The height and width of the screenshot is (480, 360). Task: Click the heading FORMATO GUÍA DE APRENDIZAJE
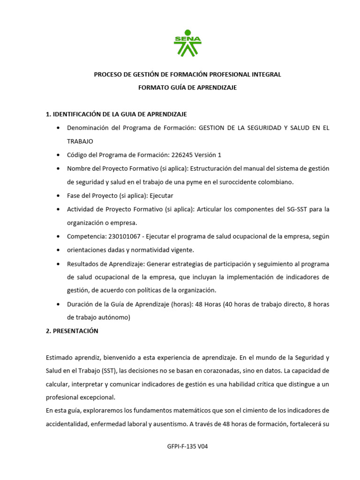(x=187, y=88)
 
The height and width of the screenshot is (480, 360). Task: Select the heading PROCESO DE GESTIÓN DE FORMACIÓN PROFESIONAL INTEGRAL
(x=187, y=75)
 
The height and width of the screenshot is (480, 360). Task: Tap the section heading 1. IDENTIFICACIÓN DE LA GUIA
(x=116, y=114)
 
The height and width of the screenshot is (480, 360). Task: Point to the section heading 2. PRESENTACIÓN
(x=72, y=331)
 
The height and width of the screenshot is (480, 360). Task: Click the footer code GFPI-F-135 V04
(x=187, y=446)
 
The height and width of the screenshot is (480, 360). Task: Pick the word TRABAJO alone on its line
(x=80, y=141)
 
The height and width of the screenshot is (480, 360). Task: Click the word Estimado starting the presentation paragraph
(x=60, y=357)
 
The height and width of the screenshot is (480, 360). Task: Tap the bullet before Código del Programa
(x=58, y=155)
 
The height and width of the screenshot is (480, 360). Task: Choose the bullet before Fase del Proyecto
(x=58, y=196)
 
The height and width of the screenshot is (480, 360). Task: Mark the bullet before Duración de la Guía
(x=58, y=305)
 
